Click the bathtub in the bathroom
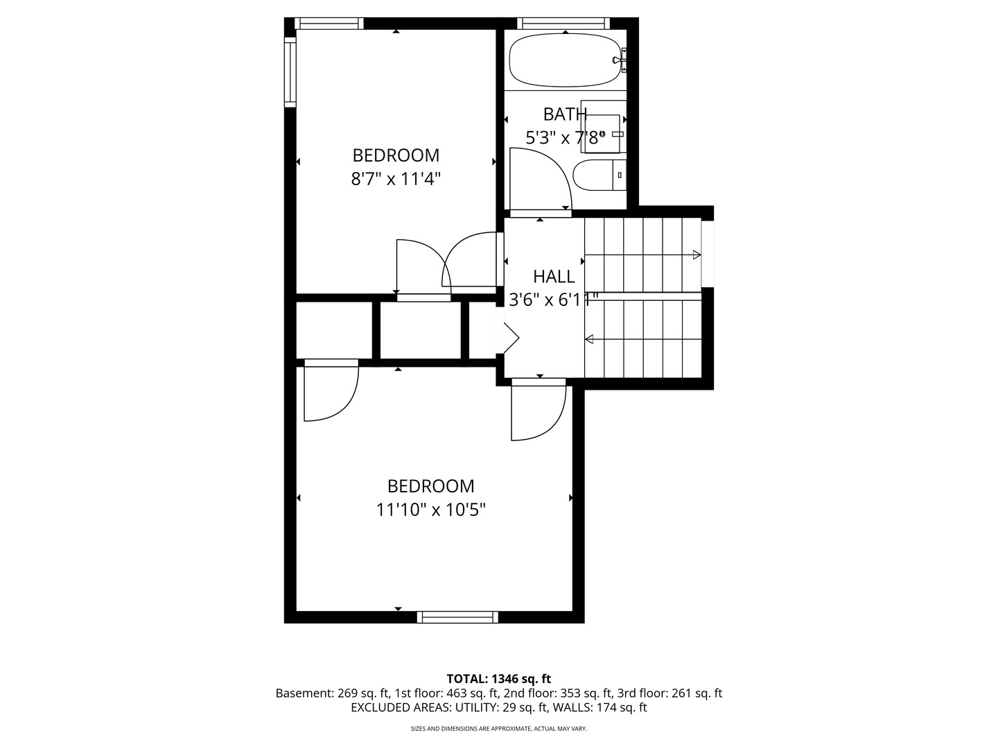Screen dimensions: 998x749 (564, 60)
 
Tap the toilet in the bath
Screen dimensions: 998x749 (599, 175)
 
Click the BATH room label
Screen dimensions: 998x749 (565, 114)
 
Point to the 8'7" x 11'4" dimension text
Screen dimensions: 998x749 (396, 179)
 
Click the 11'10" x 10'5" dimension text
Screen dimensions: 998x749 (430, 510)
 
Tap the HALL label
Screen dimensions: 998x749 (554, 277)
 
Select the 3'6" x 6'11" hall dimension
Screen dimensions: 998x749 (553, 300)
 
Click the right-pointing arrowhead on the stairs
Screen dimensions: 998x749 (697, 255)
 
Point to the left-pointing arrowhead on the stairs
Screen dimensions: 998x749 (589, 339)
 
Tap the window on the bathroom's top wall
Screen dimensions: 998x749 (563, 23)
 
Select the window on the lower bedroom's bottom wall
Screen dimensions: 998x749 (457, 617)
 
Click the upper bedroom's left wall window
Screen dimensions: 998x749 (290, 72)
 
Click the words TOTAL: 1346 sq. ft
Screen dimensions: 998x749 (499, 679)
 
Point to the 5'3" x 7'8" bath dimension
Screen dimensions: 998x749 (566, 137)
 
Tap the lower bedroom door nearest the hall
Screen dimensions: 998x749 (539, 410)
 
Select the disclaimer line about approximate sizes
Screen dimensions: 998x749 (499, 728)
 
